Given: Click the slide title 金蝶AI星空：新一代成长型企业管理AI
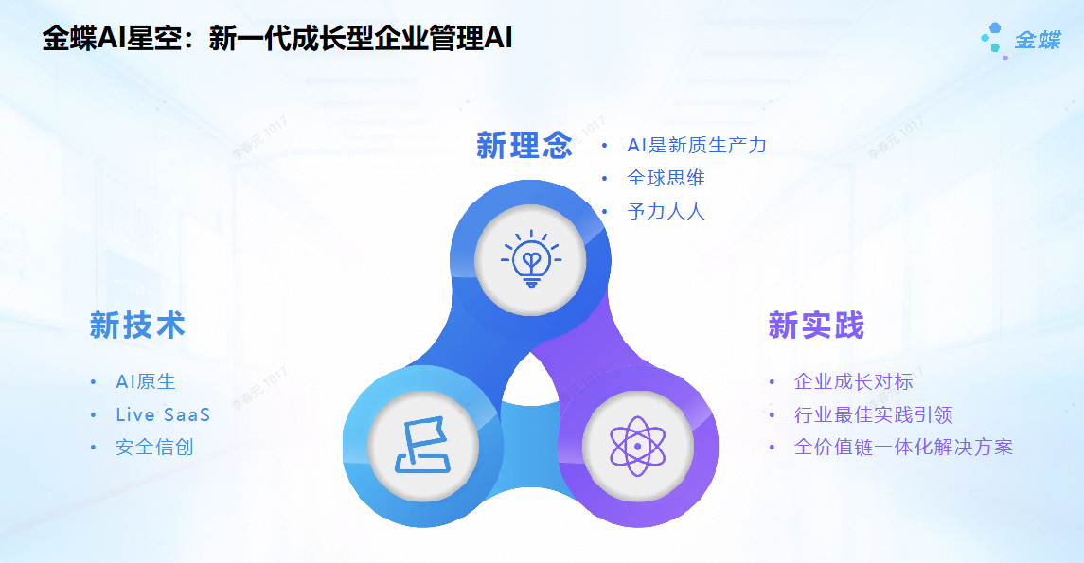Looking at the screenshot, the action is pyautogui.click(x=277, y=38).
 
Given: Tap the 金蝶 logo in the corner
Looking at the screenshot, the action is pyautogui.click(x=1021, y=40).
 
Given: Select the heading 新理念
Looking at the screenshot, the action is pyautogui.click(x=524, y=146).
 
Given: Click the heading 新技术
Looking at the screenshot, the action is pyautogui.click(x=137, y=325).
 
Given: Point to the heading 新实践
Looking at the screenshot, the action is pyautogui.click(x=816, y=325).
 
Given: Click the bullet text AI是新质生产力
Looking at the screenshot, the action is pyautogui.click(x=697, y=145).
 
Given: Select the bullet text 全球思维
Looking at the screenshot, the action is pyautogui.click(x=666, y=178).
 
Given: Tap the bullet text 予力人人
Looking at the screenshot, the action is pyautogui.click(x=666, y=211).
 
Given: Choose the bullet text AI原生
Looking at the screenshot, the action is pyautogui.click(x=146, y=381).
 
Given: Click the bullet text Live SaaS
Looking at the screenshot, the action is pyautogui.click(x=163, y=414).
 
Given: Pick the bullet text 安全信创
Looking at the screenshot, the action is pyautogui.click(x=154, y=447).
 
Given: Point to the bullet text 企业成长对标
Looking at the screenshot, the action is pyautogui.click(x=854, y=381).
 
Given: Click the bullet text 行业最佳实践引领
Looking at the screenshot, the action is pyautogui.click(x=874, y=414).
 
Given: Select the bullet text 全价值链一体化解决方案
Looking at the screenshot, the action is pyautogui.click(x=903, y=447).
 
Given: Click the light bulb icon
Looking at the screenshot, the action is pyautogui.click(x=531, y=259).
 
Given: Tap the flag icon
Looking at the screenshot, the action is pyautogui.click(x=422, y=445).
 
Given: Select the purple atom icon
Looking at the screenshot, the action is pyautogui.click(x=637, y=447).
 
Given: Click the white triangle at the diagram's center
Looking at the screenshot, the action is pyautogui.click(x=530, y=381).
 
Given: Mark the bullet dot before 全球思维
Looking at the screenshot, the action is pyautogui.click(x=604, y=179).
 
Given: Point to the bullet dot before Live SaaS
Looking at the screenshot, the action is pyautogui.click(x=94, y=415).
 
